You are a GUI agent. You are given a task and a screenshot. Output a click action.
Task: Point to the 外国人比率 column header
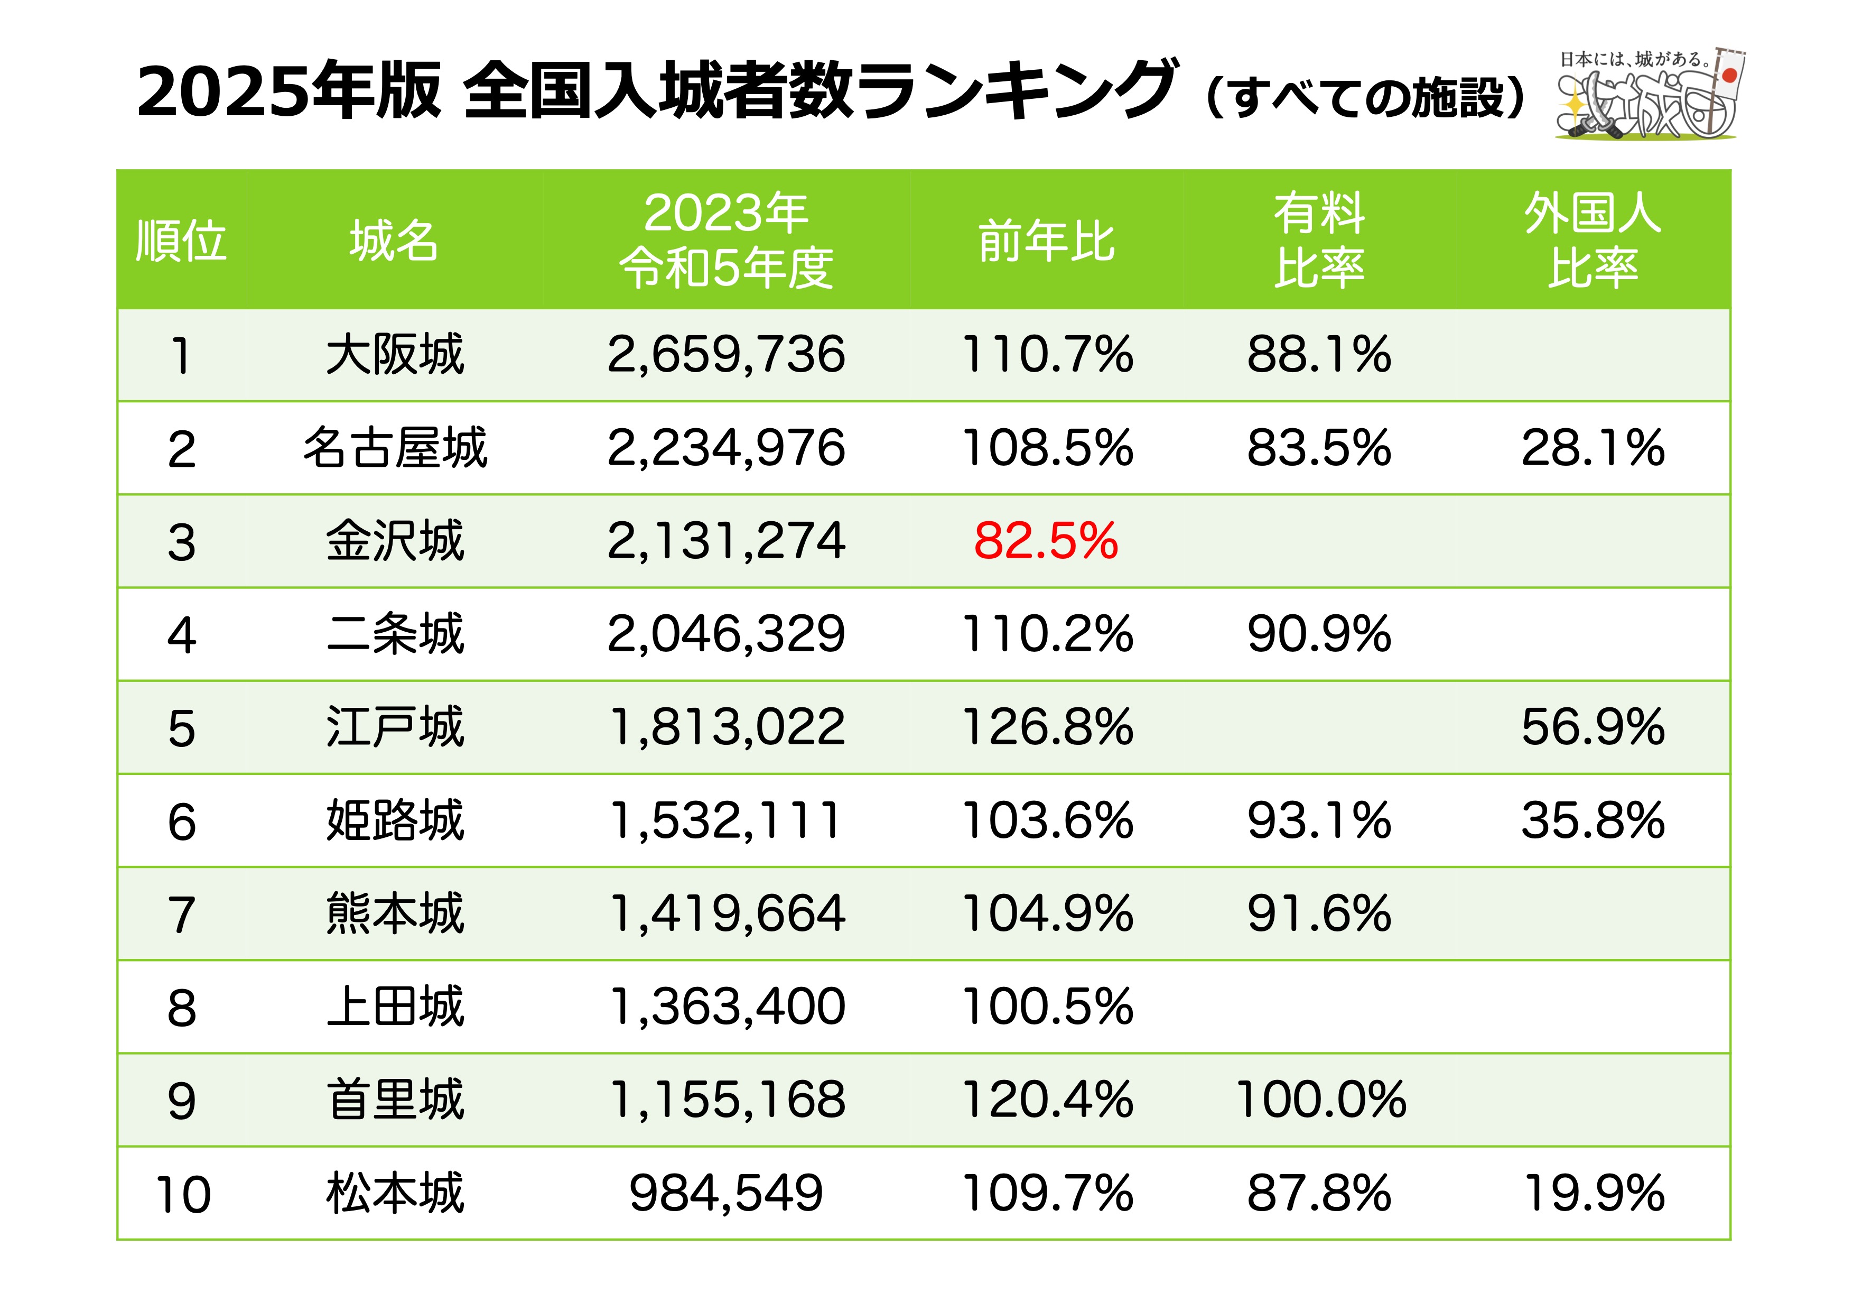(1593, 241)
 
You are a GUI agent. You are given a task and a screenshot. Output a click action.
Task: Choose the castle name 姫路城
(395, 820)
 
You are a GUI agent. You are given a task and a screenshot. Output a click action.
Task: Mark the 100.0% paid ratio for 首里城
(1320, 1100)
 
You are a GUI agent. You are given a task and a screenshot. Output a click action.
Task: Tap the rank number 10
(182, 1194)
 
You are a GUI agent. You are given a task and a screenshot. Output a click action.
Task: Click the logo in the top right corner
(1650, 95)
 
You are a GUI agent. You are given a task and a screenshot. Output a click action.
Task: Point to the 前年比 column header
(1046, 241)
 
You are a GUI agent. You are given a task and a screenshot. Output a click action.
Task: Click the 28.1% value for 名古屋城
(1593, 448)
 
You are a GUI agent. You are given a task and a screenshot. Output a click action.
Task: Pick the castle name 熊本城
(395, 914)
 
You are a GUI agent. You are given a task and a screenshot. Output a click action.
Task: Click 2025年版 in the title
(289, 90)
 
